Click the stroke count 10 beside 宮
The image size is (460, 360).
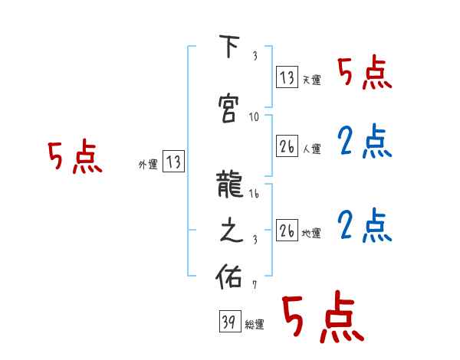tap(255, 117)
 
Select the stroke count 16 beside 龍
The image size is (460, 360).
tap(255, 195)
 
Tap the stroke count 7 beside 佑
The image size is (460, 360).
tap(255, 285)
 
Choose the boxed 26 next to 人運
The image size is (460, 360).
tap(287, 146)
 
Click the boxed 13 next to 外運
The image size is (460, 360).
tap(174, 162)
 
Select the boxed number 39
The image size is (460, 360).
tap(228, 322)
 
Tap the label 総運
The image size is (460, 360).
tap(255, 325)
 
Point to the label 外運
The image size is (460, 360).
tap(147, 164)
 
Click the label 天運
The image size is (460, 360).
tap(311, 80)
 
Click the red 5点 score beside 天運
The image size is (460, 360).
tap(365, 73)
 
